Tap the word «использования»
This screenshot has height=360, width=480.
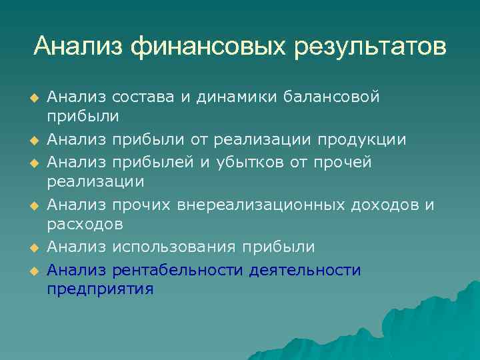175,247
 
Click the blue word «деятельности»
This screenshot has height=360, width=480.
305,270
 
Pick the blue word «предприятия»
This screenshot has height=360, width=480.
101,290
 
